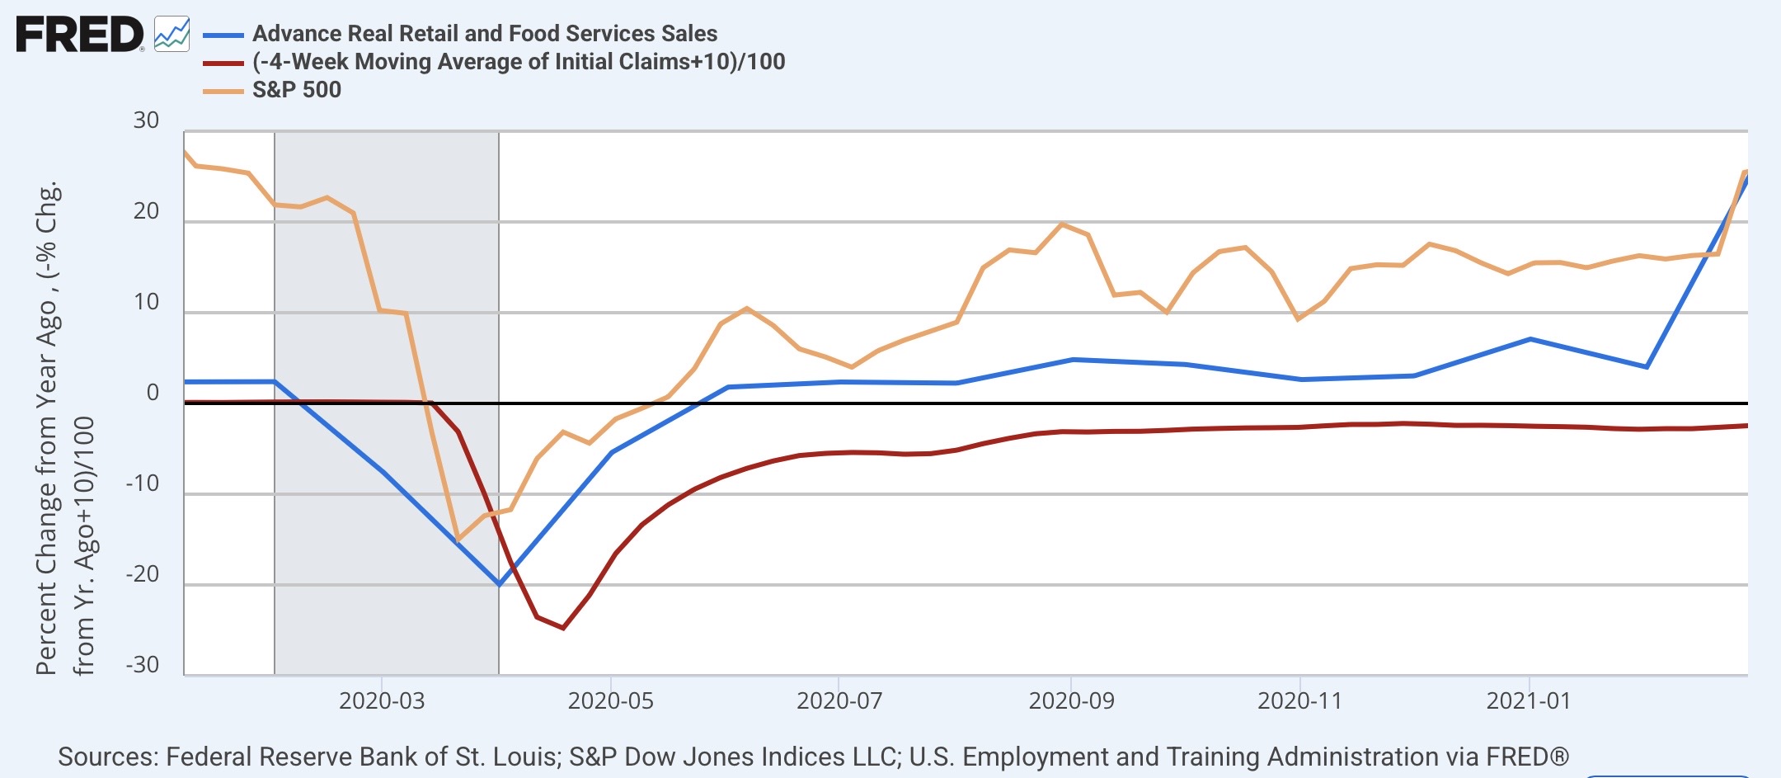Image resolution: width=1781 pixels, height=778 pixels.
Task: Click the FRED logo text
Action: (x=79, y=35)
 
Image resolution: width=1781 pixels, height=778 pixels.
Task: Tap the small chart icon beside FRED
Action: (x=172, y=35)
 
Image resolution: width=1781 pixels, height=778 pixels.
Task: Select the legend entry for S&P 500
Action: (x=297, y=89)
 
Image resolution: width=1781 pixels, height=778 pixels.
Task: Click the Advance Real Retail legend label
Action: (x=485, y=33)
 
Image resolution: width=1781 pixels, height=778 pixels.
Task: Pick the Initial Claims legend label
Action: (x=519, y=61)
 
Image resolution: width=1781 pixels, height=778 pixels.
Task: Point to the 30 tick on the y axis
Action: (x=146, y=120)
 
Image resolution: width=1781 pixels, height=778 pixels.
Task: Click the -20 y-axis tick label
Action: (x=142, y=574)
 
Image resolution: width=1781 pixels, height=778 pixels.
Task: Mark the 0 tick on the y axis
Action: (x=153, y=393)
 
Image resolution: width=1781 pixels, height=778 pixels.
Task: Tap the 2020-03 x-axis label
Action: (x=382, y=701)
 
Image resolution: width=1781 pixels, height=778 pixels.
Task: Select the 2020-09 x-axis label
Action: (x=1071, y=701)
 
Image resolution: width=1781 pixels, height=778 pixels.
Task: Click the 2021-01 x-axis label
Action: (x=1528, y=701)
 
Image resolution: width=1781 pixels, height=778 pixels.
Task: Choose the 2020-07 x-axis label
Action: (x=839, y=701)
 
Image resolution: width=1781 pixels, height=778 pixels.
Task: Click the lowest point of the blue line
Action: (x=499, y=584)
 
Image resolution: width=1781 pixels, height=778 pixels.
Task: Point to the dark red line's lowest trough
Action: (x=563, y=628)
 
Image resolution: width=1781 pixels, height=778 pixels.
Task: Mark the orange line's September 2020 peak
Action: (x=1062, y=224)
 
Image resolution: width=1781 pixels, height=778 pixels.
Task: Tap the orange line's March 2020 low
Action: (x=458, y=540)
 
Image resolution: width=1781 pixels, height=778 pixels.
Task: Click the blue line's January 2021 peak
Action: (x=1530, y=339)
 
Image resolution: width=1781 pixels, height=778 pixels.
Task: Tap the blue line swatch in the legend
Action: (x=223, y=35)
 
